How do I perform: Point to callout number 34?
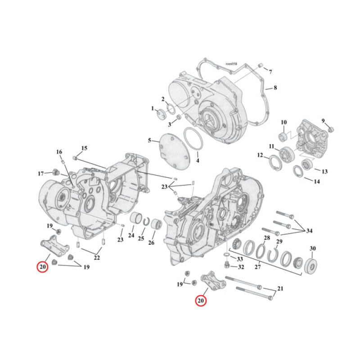pyautogui.click(x=309, y=231)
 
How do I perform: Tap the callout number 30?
pyautogui.click(x=313, y=248)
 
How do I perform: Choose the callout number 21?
pyautogui.click(x=280, y=288)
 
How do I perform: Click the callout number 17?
pyautogui.click(x=40, y=174)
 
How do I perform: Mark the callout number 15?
pyautogui.click(x=84, y=148)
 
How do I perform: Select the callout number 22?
pyautogui.click(x=97, y=258)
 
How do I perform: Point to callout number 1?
pyautogui.click(x=153, y=109)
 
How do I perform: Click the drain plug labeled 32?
pyautogui.click(x=228, y=264)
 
